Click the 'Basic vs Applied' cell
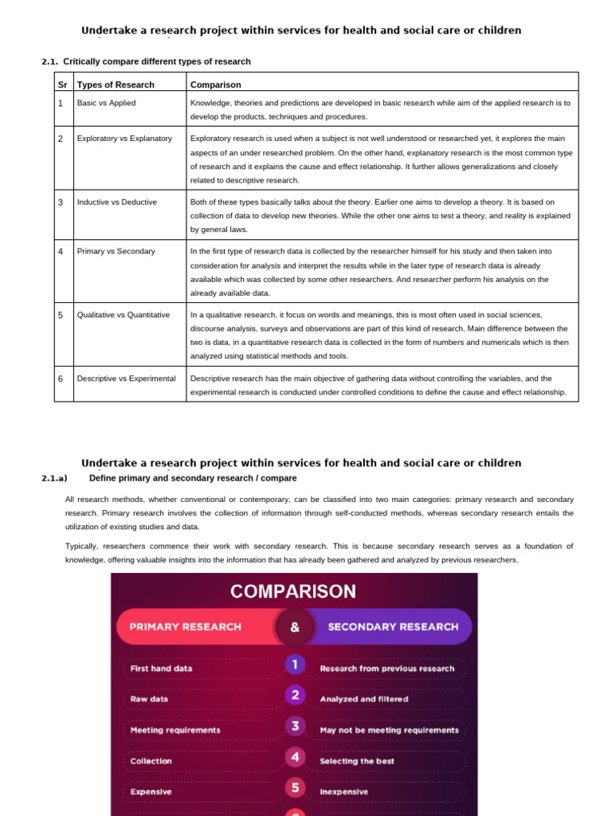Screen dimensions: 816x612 [106, 103]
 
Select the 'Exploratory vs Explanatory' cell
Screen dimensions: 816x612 [124, 139]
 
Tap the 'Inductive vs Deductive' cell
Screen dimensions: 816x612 [116, 202]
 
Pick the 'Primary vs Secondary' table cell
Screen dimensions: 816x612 [116, 252]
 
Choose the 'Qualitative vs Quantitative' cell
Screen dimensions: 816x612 [123, 315]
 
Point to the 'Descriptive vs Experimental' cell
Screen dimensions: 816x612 [126, 379]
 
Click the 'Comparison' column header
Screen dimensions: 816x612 [216, 84]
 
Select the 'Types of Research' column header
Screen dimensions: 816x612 [116, 84]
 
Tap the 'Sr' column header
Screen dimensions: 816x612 [63, 84]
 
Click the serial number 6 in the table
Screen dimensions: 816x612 [61, 379]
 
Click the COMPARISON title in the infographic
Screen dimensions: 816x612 [293, 591]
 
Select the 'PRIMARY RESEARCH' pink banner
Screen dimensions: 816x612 [186, 626]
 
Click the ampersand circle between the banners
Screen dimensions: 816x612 [295, 627]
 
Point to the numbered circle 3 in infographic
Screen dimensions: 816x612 [295, 726]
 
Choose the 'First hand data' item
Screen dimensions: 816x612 [162, 669]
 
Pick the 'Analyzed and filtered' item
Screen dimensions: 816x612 [364, 699]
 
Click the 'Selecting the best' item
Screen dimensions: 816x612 [357, 761]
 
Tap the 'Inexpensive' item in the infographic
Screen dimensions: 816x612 [344, 792]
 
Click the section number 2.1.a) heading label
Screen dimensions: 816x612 [54, 478]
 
